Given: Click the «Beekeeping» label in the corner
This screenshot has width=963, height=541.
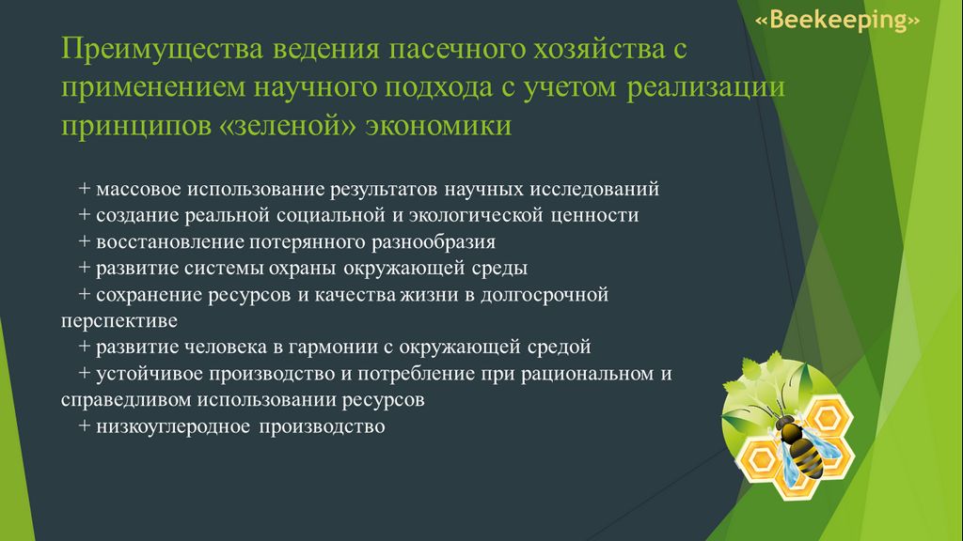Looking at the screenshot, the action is tap(837, 20).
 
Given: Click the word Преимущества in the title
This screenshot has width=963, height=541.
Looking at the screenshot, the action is tap(162, 49).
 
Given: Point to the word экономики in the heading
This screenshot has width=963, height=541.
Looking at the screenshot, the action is tap(438, 126).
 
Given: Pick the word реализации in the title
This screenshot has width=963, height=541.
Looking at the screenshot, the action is tap(705, 87).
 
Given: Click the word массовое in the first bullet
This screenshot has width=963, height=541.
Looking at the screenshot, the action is tap(139, 189).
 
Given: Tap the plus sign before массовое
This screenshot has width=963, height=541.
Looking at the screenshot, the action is tap(84, 188).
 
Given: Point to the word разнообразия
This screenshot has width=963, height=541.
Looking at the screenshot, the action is tap(433, 242).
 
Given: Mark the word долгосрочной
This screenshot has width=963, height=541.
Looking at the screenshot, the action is tap(545, 295).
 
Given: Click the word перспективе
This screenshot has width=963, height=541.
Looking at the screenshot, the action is tap(119, 321).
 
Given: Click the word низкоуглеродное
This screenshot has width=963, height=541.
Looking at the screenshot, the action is tap(173, 427).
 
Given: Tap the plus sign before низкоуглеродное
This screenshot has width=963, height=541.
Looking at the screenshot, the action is tap(84, 425).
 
